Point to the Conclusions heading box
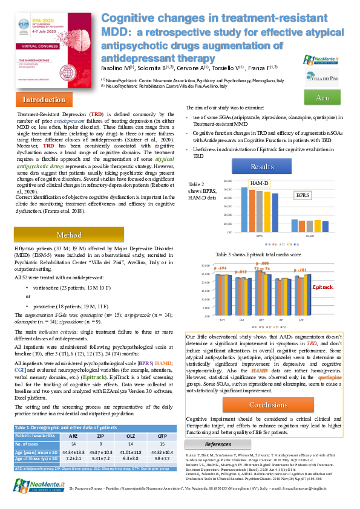point(268,404)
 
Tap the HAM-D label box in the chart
point(259,182)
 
